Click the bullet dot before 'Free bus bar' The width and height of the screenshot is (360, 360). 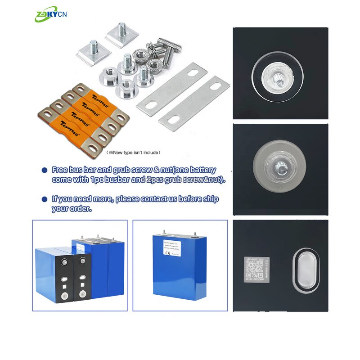coord(44,171)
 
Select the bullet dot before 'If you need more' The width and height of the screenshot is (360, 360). coord(44,199)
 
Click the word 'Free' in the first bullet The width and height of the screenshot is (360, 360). coord(60,170)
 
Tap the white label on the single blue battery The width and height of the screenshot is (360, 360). coord(174,250)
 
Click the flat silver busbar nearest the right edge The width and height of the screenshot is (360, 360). coord(194,103)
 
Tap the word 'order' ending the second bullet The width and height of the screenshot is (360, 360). coord(82,209)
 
